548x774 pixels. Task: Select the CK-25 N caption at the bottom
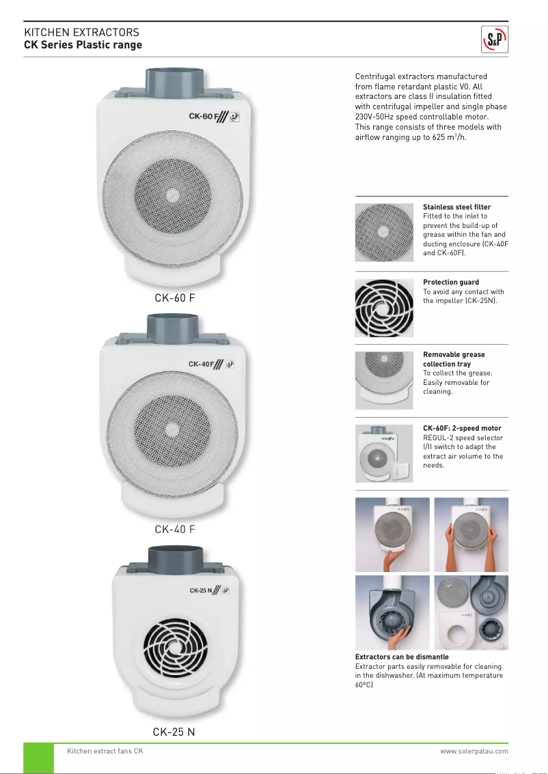point(174,732)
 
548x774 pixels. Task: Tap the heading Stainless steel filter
point(456,207)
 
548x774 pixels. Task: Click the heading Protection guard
point(450,282)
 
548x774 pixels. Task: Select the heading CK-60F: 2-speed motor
point(461,429)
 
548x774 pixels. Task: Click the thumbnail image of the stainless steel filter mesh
point(384,232)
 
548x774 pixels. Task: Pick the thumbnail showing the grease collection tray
point(384,380)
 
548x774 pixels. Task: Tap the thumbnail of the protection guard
point(384,308)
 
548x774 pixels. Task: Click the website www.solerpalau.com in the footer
point(474,751)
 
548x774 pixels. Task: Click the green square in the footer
point(38,758)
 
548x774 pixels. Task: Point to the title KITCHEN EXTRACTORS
point(81,33)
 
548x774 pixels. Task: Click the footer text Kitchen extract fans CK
point(105,751)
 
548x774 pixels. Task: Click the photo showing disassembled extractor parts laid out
point(471,612)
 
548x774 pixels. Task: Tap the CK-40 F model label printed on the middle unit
point(202,364)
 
